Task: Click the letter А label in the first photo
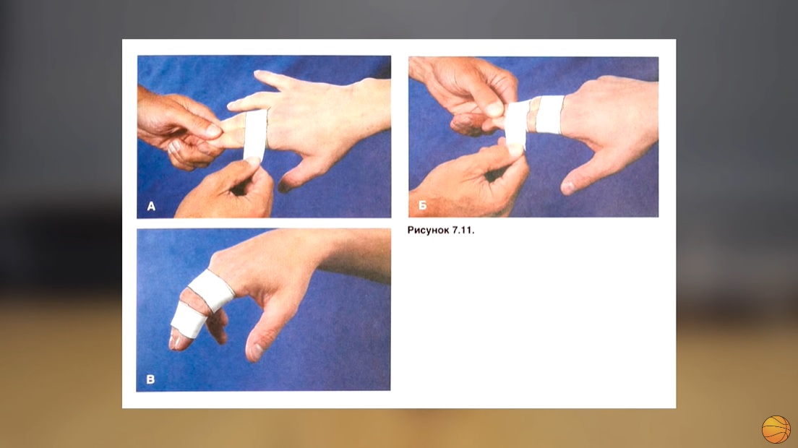tap(151, 206)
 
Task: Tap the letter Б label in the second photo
tap(422, 205)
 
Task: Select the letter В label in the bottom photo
tap(150, 379)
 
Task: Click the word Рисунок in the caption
tap(428, 230)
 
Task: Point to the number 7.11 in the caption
tap(463, 230)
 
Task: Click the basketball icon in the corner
tap(776, 430)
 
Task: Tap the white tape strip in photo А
tap(255, 134)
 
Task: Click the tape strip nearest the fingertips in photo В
tap(188, 320)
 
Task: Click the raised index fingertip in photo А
tap(259, 74)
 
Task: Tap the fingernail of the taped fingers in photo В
tap(176, 341)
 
